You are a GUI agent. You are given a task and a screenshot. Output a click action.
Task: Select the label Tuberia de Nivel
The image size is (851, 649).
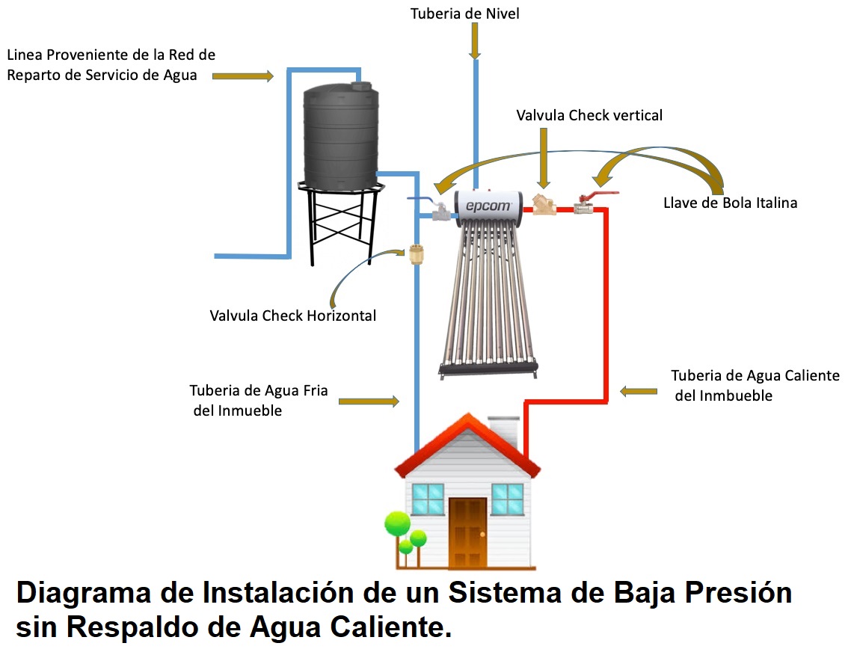click(464, 13)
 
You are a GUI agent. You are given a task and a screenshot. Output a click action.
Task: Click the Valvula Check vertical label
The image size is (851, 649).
click(589, 115)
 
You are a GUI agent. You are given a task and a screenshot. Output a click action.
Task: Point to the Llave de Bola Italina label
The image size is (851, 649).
click(730, 203)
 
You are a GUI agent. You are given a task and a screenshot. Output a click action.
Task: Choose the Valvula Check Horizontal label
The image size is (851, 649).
click(293, 316)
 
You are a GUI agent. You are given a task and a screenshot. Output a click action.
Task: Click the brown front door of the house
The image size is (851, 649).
click(468, 532)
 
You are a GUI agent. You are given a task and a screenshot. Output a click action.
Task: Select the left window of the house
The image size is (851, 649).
click(428, 498)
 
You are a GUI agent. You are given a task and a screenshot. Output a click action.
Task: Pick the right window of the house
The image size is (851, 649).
click(507, 498)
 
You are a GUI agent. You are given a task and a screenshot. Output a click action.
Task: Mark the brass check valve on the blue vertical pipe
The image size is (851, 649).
click(417, 255)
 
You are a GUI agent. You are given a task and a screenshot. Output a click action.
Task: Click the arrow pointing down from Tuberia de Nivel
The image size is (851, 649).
click(475, 42)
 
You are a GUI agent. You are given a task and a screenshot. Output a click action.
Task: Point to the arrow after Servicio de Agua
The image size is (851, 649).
click(243, 76)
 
